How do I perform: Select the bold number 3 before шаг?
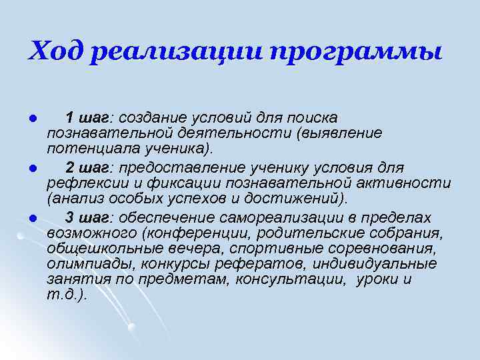70,217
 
